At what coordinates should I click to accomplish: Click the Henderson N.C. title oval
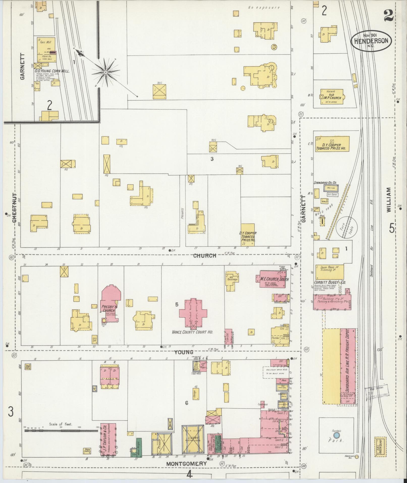[371, 41]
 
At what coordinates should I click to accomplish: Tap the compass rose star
[106, 72]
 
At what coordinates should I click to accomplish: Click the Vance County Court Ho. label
[193, 332]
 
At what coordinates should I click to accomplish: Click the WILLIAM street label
[389, 199]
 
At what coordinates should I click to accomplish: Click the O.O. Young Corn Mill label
[52, 71]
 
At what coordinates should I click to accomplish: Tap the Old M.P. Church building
[332, 96]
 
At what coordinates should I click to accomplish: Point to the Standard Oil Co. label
[325, 183]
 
